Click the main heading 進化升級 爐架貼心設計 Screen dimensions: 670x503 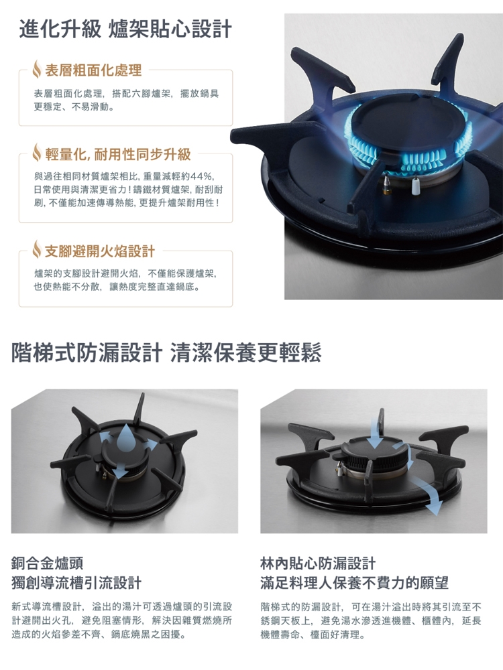[x=125, y=29]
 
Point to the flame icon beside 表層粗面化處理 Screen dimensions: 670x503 [x=37, y=69]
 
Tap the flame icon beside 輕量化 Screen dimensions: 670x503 [x=37, y=154]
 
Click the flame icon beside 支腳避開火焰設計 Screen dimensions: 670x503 [x=37, y=251]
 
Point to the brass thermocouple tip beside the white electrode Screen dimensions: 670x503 [x=387, y=184]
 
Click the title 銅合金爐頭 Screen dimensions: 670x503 [x=48, y=563]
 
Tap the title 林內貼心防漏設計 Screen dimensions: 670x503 [x=318, y=563]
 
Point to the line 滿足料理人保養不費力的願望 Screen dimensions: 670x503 [x=354, y=582]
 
